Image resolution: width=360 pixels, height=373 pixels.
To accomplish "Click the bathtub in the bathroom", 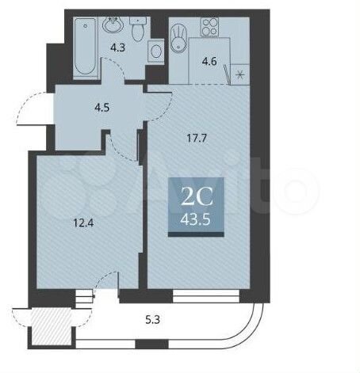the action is tap(86, 48).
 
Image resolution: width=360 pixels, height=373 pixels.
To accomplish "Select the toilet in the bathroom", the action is tap(137, 29).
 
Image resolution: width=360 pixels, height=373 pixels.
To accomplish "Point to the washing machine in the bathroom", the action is tap(155, 51).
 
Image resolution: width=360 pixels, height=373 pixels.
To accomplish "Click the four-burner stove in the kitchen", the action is tap(209, 27).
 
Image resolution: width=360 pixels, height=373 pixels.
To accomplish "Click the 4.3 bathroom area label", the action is tap(117, 48).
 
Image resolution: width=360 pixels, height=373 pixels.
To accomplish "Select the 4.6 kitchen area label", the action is tap(209, 62).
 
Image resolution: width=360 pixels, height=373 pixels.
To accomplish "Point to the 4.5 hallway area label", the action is tap(102, 108).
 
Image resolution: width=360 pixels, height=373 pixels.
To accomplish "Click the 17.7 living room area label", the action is tap(197, 138).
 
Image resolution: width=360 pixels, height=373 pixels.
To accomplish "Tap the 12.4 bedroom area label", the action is tap(83, 223).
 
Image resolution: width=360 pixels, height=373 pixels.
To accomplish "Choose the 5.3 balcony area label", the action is tap(153, 320).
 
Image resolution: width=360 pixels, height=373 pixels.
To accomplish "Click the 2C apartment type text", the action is tap(197, 199).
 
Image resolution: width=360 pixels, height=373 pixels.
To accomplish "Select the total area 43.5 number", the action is tap(195, 219).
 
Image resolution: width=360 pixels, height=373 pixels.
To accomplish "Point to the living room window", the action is tap(206, 296).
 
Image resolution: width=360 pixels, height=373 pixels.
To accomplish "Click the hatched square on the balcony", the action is tap(52, 325).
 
